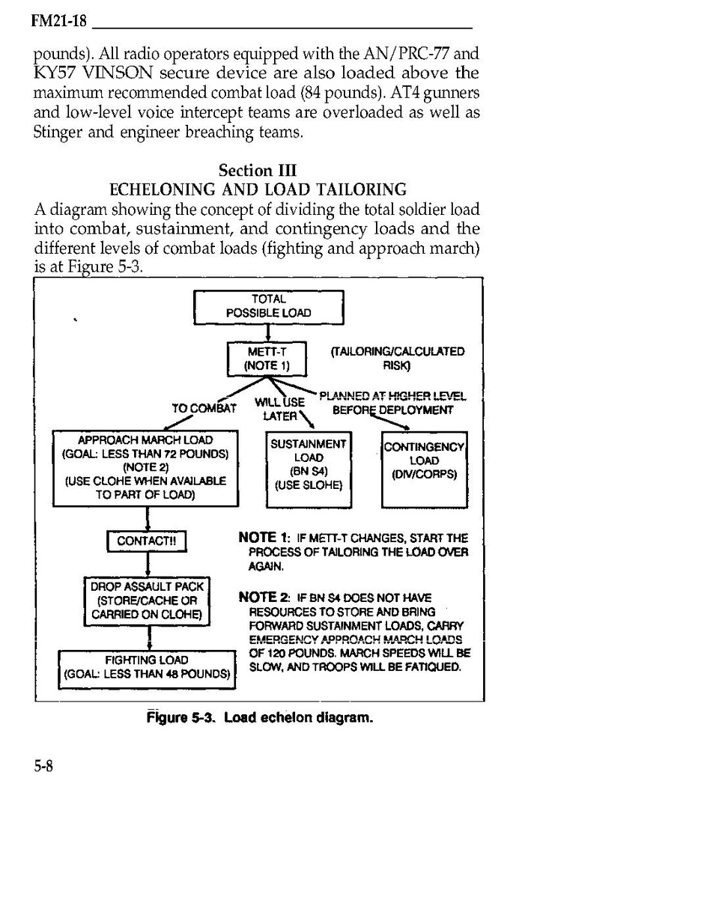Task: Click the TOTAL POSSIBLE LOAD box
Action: tap(269, 306)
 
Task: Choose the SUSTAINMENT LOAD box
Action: tap(309, 464)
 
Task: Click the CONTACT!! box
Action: tap(146, 541)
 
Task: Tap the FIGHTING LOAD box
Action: tap(147, 667)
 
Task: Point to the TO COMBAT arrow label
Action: tap(204, 409)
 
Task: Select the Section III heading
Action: tap(258, 170)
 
